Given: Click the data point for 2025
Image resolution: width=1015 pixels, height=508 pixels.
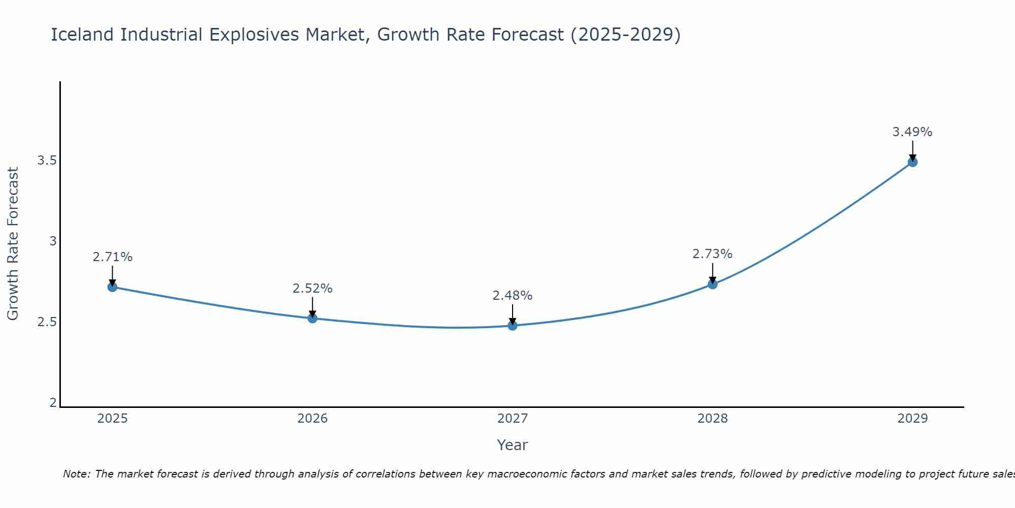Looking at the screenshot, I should [x=112, y=287].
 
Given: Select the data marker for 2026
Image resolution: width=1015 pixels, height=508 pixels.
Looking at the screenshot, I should [x=313, y=319].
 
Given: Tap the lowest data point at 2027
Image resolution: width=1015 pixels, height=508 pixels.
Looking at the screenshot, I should [x=513, y=326].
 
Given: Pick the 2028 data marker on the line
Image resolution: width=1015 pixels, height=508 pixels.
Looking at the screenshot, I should [x=713, y=284].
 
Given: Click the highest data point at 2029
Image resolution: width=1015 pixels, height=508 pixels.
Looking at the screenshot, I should [x=912, y=162].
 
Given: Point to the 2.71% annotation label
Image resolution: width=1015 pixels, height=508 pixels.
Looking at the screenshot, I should [x=112, y=257].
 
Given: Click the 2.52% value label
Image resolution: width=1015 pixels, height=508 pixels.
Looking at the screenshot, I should [x=313, y=289].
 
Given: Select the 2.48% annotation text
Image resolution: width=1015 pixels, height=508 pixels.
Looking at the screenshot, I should [x=513, y=296].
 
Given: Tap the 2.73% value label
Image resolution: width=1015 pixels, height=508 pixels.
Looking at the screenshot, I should [x=713, y=254].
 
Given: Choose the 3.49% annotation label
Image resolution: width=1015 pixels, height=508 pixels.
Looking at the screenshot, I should [x=912, y=132].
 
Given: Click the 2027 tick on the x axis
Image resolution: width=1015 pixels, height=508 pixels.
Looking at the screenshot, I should [x=513, y=419].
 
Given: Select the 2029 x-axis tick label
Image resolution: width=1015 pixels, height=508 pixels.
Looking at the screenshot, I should [x=912, y=419].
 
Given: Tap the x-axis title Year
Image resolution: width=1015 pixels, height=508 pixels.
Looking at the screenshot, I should [x=513, y=445].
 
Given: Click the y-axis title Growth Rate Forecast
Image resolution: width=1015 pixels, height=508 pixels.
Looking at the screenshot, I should [x=13, y=244].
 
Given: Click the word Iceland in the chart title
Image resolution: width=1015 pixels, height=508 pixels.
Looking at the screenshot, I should [x=83, y=35].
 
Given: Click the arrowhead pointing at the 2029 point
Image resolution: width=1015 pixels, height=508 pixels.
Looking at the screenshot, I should [x=912, y=157].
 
